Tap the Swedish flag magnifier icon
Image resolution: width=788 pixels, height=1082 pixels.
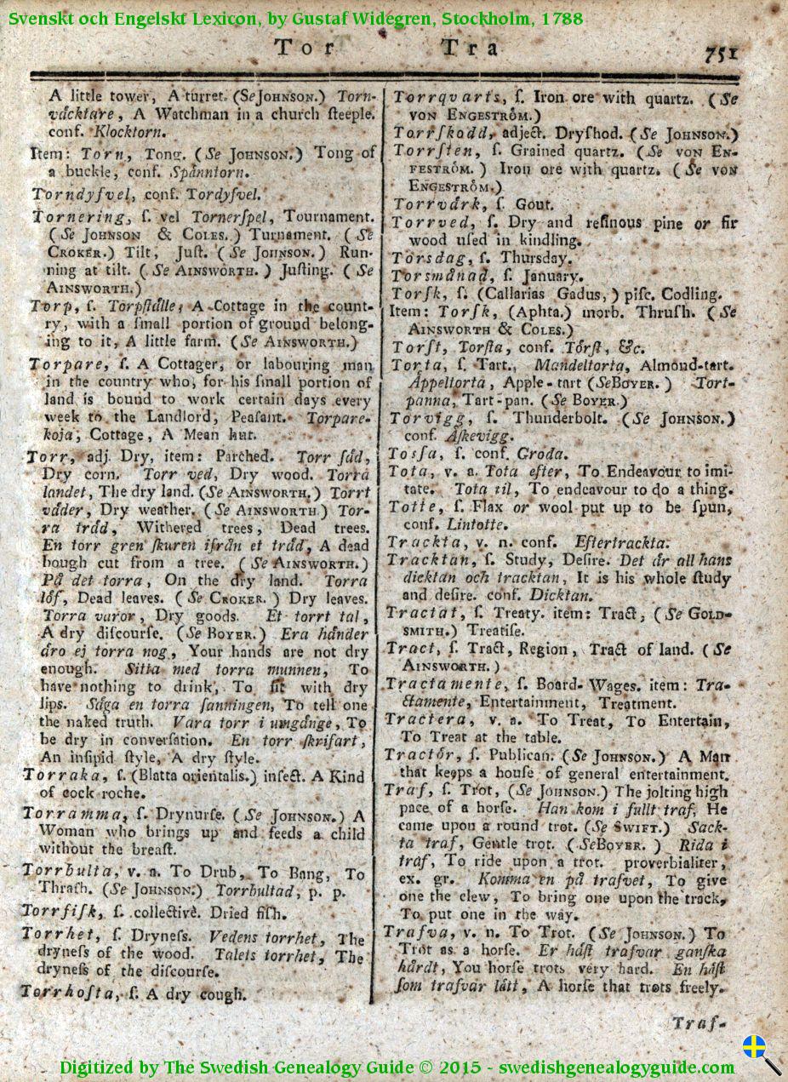tap(760, 1052)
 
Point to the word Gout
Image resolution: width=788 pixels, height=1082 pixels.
tap(536, 204)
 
